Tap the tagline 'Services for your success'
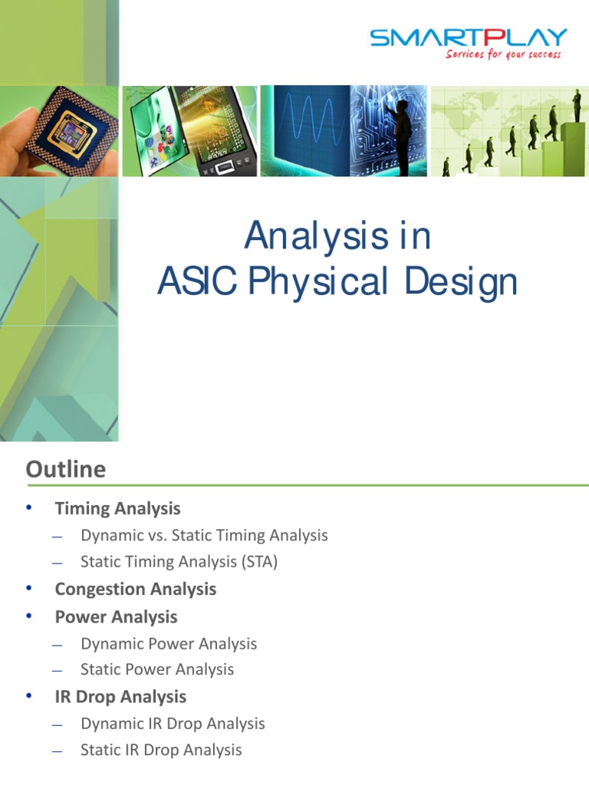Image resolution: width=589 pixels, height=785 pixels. (503, 55)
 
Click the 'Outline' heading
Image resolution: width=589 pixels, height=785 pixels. (66, 469)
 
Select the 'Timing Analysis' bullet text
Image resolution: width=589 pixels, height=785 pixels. (117, 508)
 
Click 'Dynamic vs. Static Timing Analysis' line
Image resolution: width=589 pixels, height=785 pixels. (204, 535)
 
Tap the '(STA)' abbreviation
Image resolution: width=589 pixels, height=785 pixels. (259, 562)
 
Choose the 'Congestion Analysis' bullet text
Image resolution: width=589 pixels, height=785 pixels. (135, 589)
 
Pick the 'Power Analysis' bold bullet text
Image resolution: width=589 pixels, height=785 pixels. (116, 616)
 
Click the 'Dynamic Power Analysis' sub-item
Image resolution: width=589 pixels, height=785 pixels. (169, 643)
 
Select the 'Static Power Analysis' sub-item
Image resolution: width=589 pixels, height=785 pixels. (157, 669)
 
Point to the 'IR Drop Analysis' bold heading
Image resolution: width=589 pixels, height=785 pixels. (120, 696)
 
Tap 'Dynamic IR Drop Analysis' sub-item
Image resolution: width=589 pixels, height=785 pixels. (173, 723)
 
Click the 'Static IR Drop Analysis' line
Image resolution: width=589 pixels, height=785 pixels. (161, 750)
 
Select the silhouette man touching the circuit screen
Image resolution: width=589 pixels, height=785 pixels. (400, 130)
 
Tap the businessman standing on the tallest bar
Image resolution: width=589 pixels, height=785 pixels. (575, 106)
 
